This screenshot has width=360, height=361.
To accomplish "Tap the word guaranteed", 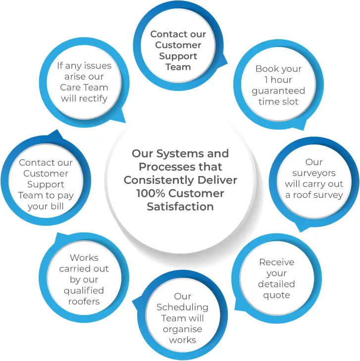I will tap(278, 91).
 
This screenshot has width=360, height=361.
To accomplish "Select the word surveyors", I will tap(313, 173).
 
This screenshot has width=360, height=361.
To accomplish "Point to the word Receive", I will tap(276, 262).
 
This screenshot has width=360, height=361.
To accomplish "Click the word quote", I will tap(276, 295).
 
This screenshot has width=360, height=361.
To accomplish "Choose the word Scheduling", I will tap(182, 307).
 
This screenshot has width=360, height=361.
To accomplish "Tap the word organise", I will tap(182, 329).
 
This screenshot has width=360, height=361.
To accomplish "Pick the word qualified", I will tap(84, 290).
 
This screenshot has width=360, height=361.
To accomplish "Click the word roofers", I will tap(84, 301).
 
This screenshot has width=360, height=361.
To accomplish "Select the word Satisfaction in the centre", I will tap(180, 206).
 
